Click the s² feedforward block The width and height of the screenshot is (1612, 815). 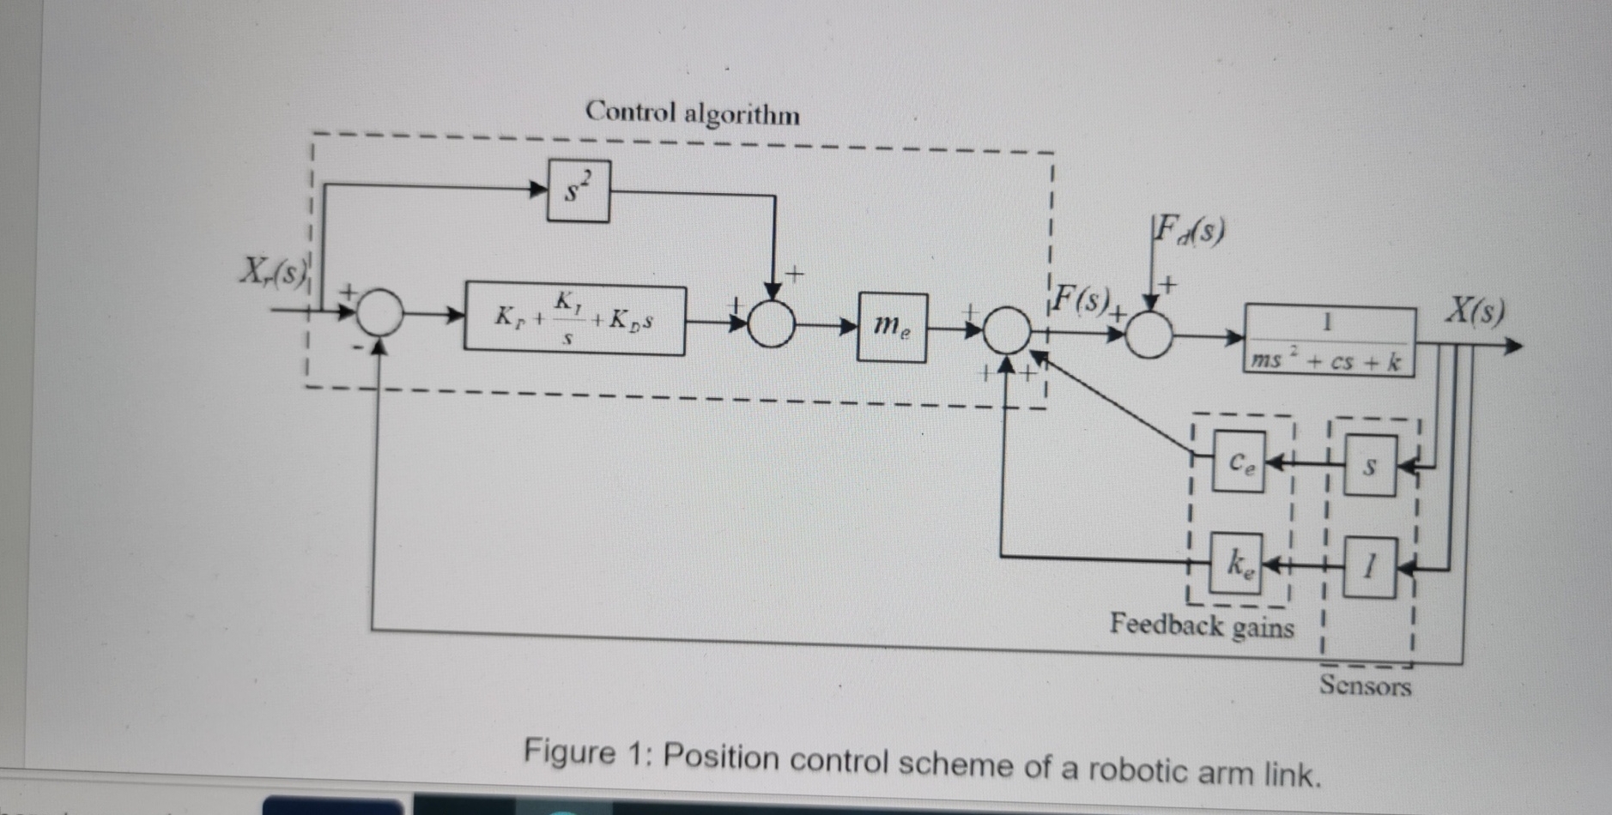pyautogui.click(x=579, y=190)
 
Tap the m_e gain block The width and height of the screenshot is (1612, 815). pyautogui.click(x=892, y=327)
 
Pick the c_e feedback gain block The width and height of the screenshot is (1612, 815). pyautogui.click(x=1239, y=462)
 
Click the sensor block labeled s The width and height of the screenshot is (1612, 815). pyautogui.click(x=1370, y=466)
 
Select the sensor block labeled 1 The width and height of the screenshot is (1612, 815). pyautogui.click(x=1370, y=565)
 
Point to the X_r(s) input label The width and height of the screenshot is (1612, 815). pyautogui.click(x=273, y=271)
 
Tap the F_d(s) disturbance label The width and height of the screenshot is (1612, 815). pyautogui.click(x=1189, y=230)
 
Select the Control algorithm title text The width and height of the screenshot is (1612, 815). pyautogui.click(x=692, y=112)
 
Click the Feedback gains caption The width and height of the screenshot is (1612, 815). pyautogui.click(x=1201, y=625)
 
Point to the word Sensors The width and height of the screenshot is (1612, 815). pyautogui.click(x=1365, y=685)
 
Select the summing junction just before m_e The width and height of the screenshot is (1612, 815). pyautogui.click(x=771, y=324)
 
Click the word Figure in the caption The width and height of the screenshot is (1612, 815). pyautogui.click(x=570, y=753)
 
